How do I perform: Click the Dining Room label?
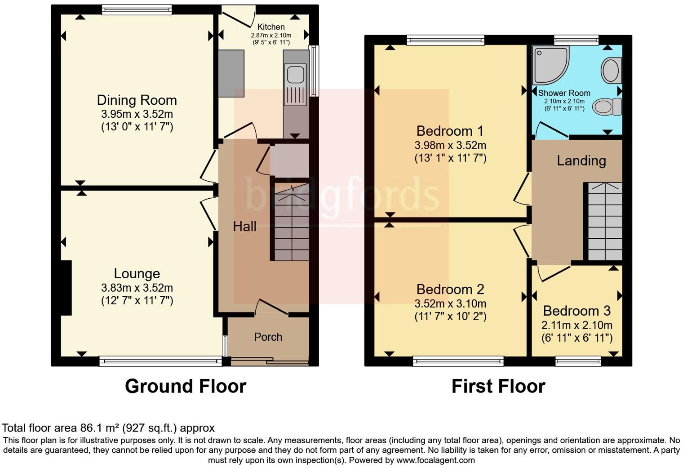click(137, 100)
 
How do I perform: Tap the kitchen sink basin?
click(296, 74)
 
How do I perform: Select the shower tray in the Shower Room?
click(551, 65)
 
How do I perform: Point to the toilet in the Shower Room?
click(607, 107)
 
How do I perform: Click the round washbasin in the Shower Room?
click(611, 71)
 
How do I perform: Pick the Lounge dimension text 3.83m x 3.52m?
click(137, 288)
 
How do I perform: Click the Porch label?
click(268, 337)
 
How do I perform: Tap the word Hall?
click(244, 227)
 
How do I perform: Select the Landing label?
click(581, 161)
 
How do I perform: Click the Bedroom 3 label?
click(577, 311)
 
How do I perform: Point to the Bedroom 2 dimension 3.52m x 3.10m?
click(450, 303)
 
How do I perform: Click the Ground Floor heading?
click(186, 386)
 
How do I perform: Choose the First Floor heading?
click(498, 386)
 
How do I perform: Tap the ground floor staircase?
click(292, 222)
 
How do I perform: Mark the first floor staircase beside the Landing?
click(605, 222)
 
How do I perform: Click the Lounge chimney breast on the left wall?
click(66, 288)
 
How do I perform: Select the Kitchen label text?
click(271, 27)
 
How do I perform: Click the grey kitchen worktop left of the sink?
click(231, 74)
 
